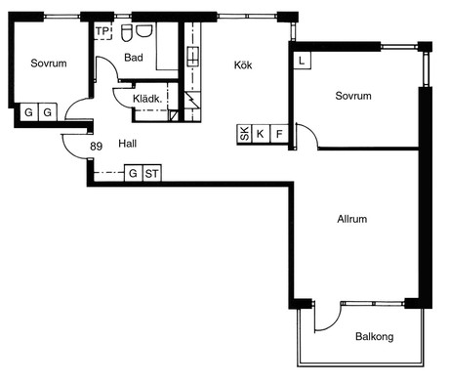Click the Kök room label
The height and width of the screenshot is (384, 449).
tap(243, 65)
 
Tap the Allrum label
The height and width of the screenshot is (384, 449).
tap(352, 219)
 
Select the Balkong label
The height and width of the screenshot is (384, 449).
tap(375, 336)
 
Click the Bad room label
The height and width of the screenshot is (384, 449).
tap(134, 58)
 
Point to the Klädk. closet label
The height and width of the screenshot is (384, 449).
tap(147, 99)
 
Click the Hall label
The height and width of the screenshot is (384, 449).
tap(127, 144)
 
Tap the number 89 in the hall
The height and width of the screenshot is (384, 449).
tap(96, 147)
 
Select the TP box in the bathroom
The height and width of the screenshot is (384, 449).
tap(102, 31)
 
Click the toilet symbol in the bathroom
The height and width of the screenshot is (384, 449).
tap(127, 32)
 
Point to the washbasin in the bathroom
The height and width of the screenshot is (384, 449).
tap(143, 30)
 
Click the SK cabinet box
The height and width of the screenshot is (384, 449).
tap(244, 134)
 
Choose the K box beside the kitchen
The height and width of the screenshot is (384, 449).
tap(261, 134)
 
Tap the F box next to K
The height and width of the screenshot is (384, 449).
tap(279, 134)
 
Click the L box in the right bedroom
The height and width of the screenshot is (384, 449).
tap(303, 61)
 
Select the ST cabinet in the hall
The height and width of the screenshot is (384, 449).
tap(152, 173)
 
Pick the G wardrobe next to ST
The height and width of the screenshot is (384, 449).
tap(134, 173)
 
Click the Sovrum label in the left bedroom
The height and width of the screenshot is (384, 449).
tap(49, 64)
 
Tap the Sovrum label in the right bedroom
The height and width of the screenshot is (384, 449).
tap(353, 96)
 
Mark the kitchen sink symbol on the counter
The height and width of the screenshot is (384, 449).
tap(192, 57)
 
